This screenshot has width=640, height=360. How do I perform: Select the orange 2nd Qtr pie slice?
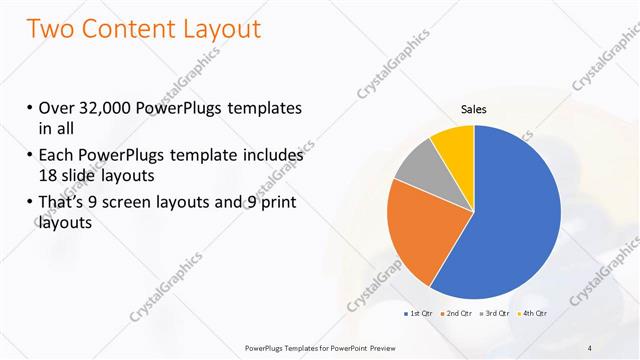(420, 230)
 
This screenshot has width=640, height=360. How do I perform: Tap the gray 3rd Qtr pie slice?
(417, 164)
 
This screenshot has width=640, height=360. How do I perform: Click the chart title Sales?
(473, 109)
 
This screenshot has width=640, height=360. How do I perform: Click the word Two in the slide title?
(51, 29)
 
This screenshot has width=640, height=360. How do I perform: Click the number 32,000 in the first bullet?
(104, 108)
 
